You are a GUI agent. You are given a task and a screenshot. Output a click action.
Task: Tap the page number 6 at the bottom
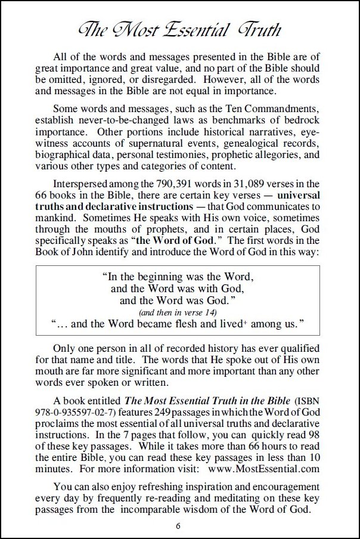tap(178, 525)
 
